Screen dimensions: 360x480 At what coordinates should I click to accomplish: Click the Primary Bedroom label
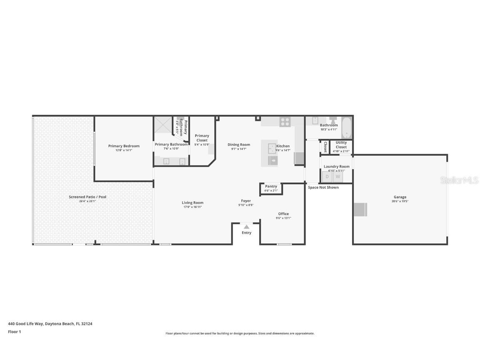pos(124,146)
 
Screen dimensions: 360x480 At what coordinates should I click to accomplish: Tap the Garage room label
pos(400,197)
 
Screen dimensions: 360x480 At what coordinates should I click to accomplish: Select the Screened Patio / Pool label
pos(87,197)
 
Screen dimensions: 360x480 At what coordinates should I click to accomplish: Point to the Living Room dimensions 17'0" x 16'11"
pos(192,207)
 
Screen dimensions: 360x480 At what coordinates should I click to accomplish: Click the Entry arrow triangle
pos(247,227)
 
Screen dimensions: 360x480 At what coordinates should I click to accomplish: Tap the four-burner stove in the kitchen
pos(285,122)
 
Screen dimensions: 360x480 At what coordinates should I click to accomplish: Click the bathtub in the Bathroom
pos(347,127)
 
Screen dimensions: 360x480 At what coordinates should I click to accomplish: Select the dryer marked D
pos(327,177)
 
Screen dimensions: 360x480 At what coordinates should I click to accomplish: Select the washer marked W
pos(338,177)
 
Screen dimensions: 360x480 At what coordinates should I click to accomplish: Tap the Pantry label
pos(271,186)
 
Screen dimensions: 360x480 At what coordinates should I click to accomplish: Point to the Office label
pos(283,214)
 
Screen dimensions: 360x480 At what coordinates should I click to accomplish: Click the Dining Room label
pos(239,145)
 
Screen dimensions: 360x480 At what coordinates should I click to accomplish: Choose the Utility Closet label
pos(341,145)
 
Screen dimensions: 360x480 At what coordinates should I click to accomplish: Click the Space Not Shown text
pos(323,187)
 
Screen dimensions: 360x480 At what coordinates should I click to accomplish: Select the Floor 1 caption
pos(14,332)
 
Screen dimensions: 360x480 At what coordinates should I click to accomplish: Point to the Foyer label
pos(246,201)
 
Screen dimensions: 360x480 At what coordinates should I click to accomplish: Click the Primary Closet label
pos(202,138)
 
